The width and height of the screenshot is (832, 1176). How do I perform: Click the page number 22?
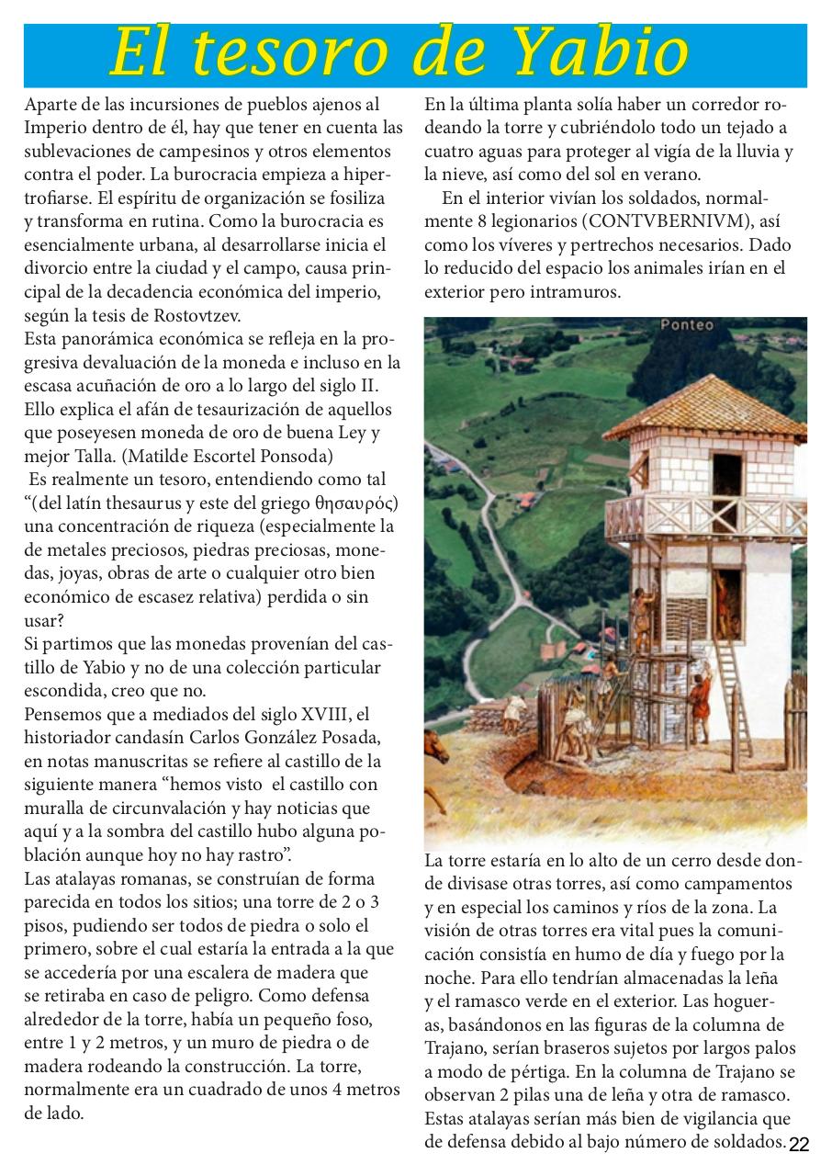[x=799, y=1144]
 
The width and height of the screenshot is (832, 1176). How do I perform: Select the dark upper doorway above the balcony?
[x=726, y=475]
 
